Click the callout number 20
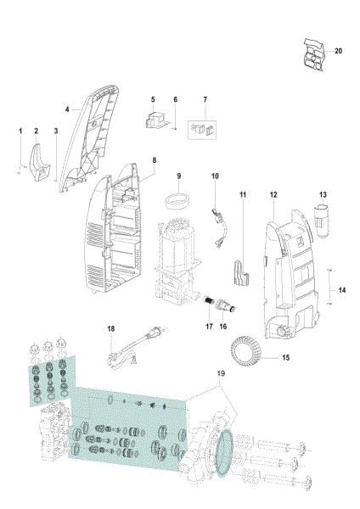[339, 51]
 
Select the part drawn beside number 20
[313, 53]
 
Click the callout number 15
[285, 358]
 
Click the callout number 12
[273, 195]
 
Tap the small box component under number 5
[155, 121]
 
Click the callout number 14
[342, 290]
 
